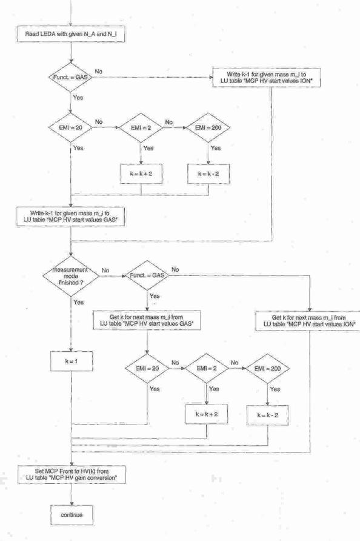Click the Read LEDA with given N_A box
(71, 34)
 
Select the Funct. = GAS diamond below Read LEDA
(71, 77)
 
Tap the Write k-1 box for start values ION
(266, 78)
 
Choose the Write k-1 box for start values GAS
(71, 217)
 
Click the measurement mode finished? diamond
(71, 276)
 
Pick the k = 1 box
(72, 361)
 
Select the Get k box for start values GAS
(147, 320)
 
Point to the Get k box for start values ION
(308, 321)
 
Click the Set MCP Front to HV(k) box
(72, 474)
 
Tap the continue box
(72, 515)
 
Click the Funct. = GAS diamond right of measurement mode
(147, 276)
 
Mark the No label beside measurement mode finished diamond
(105, 270)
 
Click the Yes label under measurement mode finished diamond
(79, 302)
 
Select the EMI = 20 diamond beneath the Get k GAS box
(147, 369)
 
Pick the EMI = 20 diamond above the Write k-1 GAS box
(71, 127)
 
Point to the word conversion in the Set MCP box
(101, 478)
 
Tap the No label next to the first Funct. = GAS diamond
(99, 72)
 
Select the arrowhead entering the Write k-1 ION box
(210, 78)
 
